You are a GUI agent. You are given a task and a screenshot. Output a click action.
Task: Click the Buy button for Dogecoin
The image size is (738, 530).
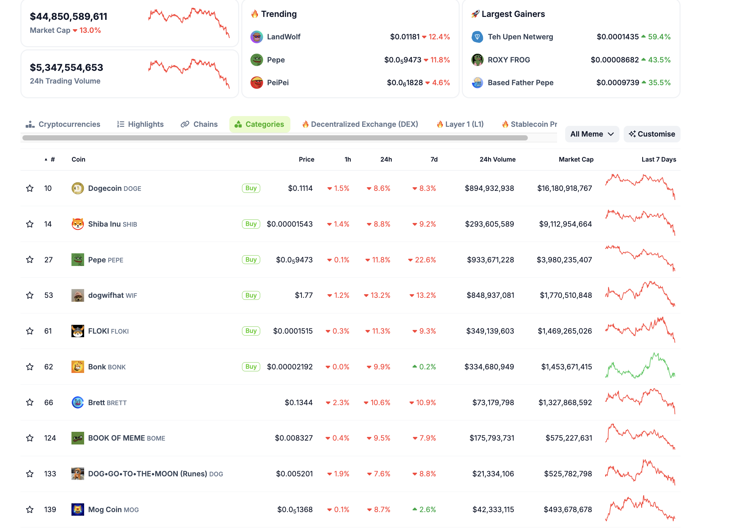[x=250, y=188]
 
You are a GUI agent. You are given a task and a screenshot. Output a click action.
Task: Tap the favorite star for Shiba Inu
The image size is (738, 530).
[x=30, y=224]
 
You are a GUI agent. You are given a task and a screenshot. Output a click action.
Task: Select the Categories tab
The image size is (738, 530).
[x=259, y=124]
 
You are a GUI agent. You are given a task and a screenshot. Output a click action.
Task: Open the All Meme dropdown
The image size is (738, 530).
[x=592, y=134]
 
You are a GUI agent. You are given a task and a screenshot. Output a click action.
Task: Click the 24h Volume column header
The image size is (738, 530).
[x=497, y=159]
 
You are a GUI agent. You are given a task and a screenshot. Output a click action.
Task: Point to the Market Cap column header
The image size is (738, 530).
[x=576, y=159]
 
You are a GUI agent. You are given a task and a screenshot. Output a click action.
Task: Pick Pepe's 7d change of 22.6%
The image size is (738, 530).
[x=425, y=259]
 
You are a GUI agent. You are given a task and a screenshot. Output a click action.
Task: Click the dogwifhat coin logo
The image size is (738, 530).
[x=78, y=295]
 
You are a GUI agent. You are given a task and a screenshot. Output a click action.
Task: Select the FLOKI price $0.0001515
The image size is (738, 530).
[x=293, y=331]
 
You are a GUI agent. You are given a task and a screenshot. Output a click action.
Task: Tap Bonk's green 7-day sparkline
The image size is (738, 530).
[x=640, y=366]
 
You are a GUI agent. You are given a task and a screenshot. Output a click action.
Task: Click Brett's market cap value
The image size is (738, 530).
[x=565, y=402]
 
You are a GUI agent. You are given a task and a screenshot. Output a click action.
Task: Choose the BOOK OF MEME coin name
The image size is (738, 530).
[x=116, y=438]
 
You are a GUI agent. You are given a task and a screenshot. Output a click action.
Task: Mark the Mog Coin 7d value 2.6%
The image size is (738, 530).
[x=427, y=509]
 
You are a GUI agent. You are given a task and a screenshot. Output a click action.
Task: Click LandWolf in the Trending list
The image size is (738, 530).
[x=284, y=37]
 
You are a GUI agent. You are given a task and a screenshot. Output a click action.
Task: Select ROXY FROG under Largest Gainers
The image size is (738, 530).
[x=509, y=60]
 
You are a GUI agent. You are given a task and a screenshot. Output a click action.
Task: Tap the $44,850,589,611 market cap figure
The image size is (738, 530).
[x=69, y=16]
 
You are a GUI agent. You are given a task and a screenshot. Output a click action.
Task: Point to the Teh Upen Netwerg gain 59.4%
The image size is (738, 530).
[x=659, y=37]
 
